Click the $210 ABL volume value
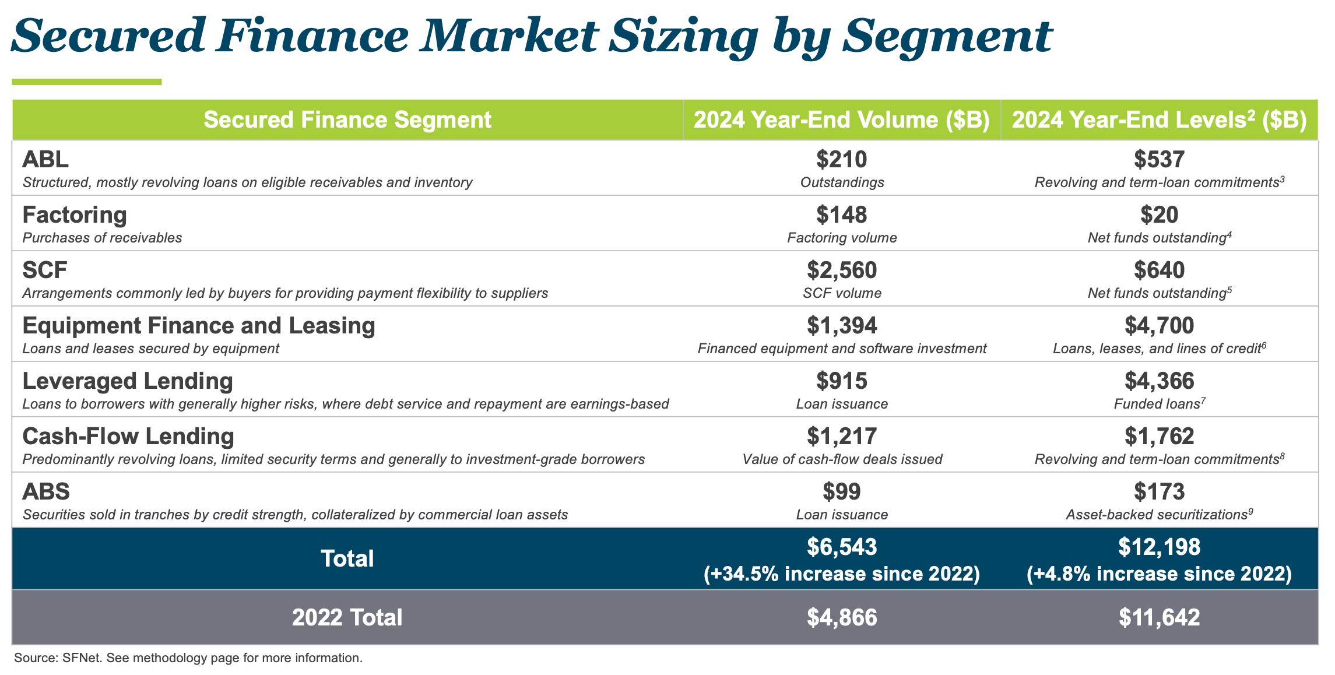[x=841, y=159]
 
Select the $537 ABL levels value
[x=1159, y=159]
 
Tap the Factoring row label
[x=75, y=215]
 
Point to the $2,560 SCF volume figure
[x=841, y=270]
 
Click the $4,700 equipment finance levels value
[x=1159, y=325]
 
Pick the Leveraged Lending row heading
[x=128, y=381]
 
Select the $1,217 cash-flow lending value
[x=841, y=436]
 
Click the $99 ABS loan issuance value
[x=841, y=491]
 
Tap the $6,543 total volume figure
[x=841, y=547]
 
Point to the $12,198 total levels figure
[x=1159, y=547]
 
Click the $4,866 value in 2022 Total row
[x=841, y=617]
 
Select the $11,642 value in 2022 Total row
[x=1159, y=617]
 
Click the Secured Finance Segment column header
[x=347, y=119]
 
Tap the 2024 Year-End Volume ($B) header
[x=841, y=119]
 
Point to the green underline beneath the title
[x=86, y=82]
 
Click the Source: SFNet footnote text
[x=188, y=658]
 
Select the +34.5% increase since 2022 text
[x=841, y=574]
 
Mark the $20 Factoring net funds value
[x=1159, y=215]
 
